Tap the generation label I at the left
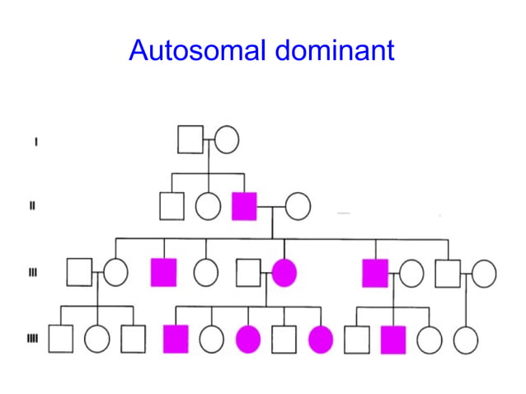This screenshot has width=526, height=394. [x=35, y=141]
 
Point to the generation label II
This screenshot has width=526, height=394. [x=32, y=206]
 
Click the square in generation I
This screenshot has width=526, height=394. [x=190, y=139]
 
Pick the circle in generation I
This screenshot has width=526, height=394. [x=227, y=139]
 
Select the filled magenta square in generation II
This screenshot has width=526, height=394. [x=245, y=205]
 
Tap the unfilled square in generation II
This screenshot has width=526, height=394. [x=171, y=205]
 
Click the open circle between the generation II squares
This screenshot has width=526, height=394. [x=208, y=205]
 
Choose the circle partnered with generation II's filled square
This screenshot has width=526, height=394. [x=298, y=205]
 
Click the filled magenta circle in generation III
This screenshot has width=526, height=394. [x=284, y=272]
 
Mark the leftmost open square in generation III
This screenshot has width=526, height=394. [x=78, y=272]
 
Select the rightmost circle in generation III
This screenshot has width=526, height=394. [x=484, y=272]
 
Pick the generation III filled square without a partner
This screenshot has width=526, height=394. [x=163, y=272]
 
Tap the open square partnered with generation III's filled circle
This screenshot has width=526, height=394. [x=247, y=272]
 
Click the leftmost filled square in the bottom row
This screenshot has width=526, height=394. [x=176, y=339]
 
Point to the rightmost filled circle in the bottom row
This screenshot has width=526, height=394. [x=321, y=339]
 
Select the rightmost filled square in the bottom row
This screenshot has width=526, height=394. [x=393, y=339]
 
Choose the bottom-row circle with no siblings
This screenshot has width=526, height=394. [x=466, y=339]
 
